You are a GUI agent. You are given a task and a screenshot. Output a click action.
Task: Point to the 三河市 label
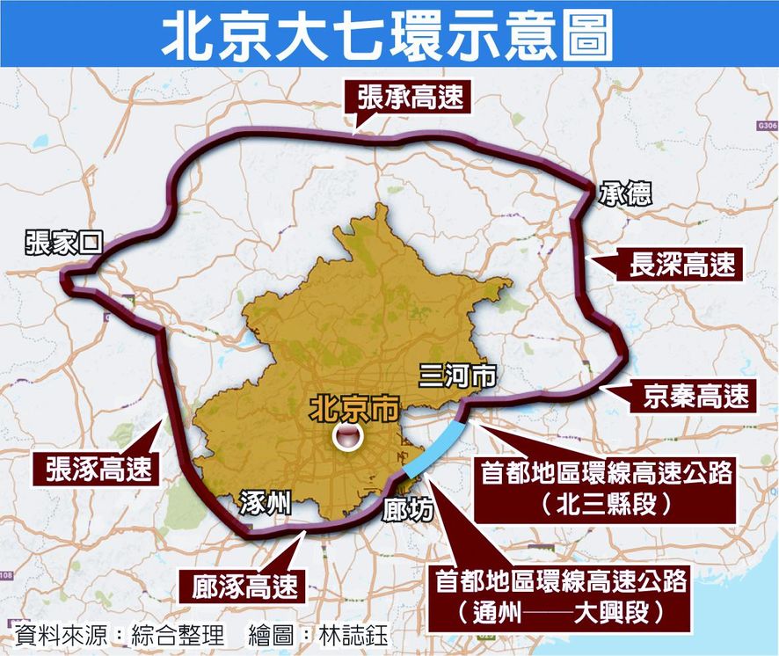tap(457, 377)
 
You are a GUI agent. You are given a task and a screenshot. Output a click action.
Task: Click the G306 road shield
tap(766, 126)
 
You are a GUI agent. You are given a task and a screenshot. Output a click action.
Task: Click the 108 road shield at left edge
tap(6, 575)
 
